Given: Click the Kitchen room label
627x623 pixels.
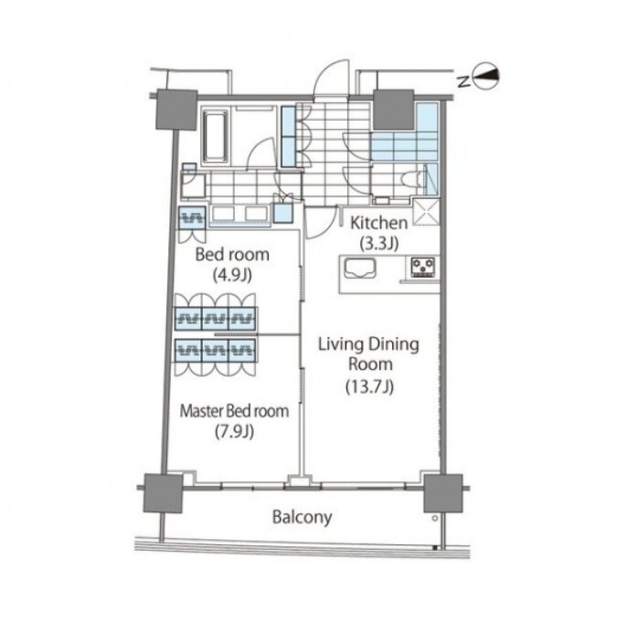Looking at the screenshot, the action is tap(378, 223).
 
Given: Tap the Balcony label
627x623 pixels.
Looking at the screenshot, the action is tap(302, 517).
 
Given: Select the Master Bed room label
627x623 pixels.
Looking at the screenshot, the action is tap(234, 411).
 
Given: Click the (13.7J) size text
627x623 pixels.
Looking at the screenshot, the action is tap(370, 386).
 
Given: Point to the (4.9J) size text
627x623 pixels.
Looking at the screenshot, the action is tap(232, 275).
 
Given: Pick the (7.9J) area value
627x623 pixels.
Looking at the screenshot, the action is tap(234, 431).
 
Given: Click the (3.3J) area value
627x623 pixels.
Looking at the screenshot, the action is tap(379, 243).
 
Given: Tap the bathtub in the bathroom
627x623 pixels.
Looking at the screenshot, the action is tap(216, 136).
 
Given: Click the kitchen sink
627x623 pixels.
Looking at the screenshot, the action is tap(360, 268).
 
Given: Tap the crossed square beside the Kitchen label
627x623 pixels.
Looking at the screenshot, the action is tap(426, 212).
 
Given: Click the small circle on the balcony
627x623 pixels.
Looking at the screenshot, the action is tap(435, 518).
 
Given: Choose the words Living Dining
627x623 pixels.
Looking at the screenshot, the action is tap(368, 344).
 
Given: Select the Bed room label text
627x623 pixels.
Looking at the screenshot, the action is tap(232, 255).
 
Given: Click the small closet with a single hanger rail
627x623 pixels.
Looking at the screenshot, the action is tap(192, 218).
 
